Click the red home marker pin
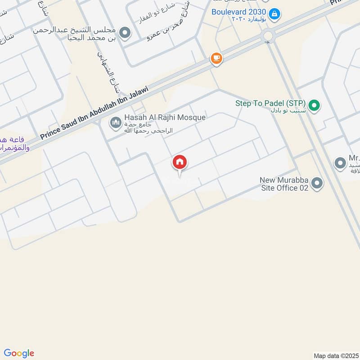pyautogui.click(x=180, y=162)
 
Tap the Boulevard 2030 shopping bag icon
pyautogui.click(x=275, y=14)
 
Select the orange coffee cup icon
pyautogui.click(x=216, y=58)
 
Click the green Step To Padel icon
pyautogui.click(x=315, y=106)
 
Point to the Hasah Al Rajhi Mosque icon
pyautogui.click(x=116, y=122)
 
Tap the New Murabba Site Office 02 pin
pyautogui.click(x=317, y=184)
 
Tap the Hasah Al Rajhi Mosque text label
pyautogui.click(x=165, y=117)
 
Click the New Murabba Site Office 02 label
pyautogui.click(x=284, y=184)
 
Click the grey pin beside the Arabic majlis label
pyautogui.click(x=126, y=33)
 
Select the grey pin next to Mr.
pyautogui.click(x=340, y=163)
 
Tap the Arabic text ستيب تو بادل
pyautogui.click(x=286, y=110)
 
